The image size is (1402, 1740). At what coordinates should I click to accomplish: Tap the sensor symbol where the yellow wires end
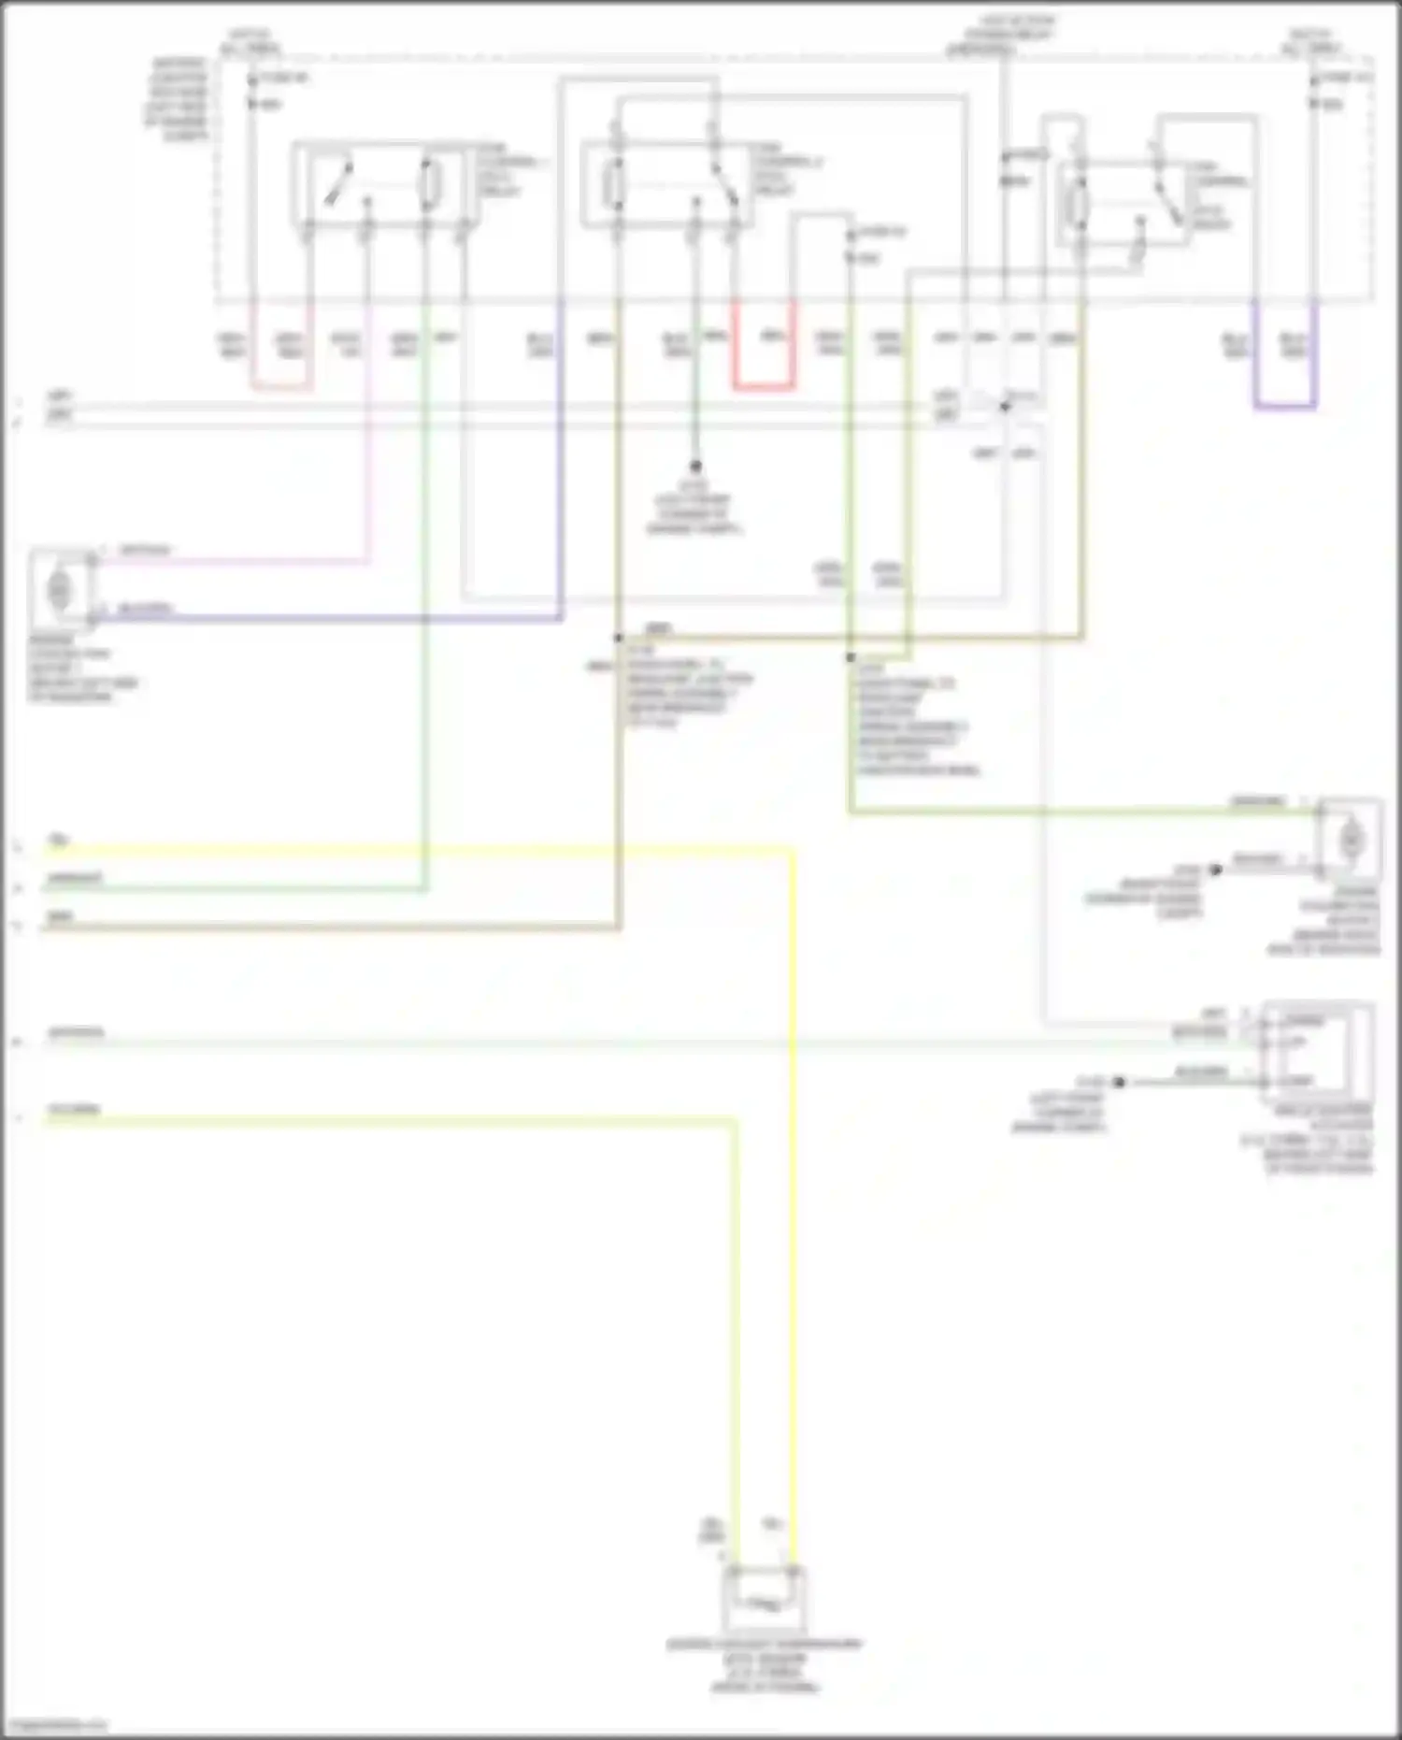(765, 1601)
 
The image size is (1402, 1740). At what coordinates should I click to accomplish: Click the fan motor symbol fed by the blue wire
(60, 590)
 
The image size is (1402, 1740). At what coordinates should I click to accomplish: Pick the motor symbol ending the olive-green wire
(1351, 841)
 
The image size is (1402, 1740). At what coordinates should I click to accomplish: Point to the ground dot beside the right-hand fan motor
(1215, 870)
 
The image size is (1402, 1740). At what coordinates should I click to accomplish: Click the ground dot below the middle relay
(694, 466)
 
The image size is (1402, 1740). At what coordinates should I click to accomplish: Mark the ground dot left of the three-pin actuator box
(1118, 1082)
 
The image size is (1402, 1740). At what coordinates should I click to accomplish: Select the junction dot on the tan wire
(618, 639)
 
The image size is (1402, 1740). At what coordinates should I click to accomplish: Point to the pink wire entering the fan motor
(234, 561)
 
